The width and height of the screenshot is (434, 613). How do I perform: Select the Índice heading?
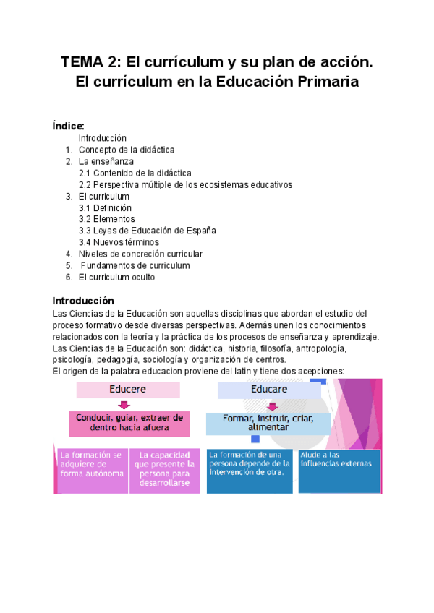click(x=69, y=126)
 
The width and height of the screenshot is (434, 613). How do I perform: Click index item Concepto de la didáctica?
click(x=127, y=150)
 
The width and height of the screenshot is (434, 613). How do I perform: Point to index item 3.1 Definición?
click(x=105, y=207)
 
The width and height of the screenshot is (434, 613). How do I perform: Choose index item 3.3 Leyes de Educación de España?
click(x=148, y=231)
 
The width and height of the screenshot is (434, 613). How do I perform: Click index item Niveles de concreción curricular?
click(x=140, y=254)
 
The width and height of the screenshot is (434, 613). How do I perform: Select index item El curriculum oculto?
click(x=116, y=277)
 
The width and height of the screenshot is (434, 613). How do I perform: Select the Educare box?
click(x=269, y=390)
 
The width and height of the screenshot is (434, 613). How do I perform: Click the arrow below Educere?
click(x=124, y=405)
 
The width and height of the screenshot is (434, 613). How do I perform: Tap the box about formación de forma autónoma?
click(x=91, y=470)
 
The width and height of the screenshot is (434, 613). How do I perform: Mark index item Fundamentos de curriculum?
click(x=135, y=265)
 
